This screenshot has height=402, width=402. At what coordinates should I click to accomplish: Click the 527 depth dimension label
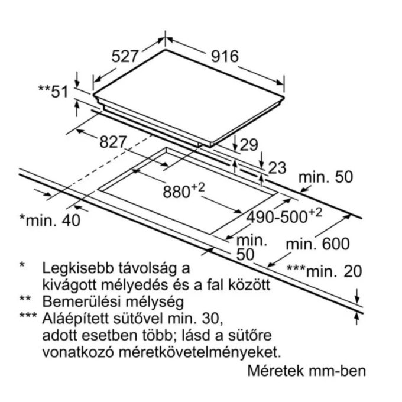(125, 56)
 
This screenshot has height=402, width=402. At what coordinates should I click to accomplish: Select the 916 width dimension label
(225, 56)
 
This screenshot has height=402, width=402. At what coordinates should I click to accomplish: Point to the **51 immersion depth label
(53, 92)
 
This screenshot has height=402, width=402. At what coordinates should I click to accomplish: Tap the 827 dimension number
(113, 141)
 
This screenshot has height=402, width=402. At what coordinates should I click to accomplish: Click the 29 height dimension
(248, 145)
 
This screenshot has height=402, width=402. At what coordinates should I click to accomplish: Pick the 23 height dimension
(277, 168)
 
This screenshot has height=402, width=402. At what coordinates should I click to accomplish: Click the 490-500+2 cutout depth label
(284, 216)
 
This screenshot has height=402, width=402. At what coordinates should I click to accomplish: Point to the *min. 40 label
(50, 220)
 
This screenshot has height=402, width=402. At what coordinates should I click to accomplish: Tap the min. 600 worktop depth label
(317, 244)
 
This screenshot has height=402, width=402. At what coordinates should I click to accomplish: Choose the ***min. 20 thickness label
(324, 271)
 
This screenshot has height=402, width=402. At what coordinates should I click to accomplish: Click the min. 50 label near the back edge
(326, 177)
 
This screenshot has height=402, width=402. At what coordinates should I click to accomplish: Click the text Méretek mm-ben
(307, 371)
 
